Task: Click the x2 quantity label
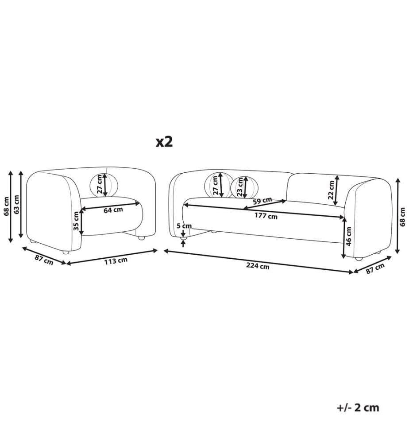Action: (164, 142)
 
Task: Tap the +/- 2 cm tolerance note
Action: (358, 408)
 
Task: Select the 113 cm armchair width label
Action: (116, 260)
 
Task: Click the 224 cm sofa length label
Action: (258, 266)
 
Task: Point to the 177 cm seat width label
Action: (266, 216)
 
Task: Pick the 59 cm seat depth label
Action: (262, 201)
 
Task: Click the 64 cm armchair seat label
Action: (113, 210)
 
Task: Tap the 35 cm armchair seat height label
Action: (76, 221)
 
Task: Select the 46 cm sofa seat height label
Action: (349, 236)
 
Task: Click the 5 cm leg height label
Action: (184, 226)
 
